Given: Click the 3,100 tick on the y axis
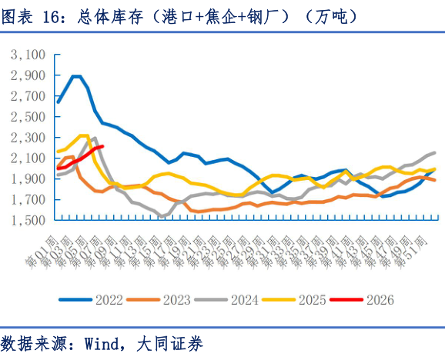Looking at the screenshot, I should (29, 55).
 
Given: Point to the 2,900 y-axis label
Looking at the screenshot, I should (29, 76).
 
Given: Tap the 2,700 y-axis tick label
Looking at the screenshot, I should (29, 97).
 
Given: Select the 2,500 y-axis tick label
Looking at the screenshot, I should (29, 118).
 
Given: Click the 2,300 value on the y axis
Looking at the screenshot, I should (29, 138).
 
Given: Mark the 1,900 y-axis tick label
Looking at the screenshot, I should (29, 179).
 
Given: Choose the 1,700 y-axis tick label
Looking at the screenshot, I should (29, 200).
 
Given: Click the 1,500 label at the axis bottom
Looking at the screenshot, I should (29, 221).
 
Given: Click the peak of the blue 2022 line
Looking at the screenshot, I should (76, 76).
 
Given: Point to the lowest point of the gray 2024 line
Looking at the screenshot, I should (162, 217).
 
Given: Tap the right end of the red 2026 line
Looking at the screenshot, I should (102, 146).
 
